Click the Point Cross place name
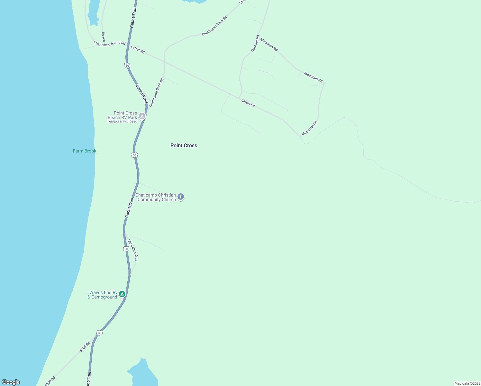[x=184, y=145]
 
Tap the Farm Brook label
[x=85, y=151]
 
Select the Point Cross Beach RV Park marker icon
[x=142, y=116]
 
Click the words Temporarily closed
[x=122, y=122]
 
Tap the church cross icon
[x=181, y=197]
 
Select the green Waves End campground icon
[x=122, y=294]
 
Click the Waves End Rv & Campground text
[x=103, y=295]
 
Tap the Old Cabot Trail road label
[x=132, y=250]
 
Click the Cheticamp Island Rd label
[x=109, y=43]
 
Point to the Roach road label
[x=103, y=37]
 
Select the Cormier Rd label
[x=255, y=43]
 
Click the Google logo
[x=11, y=382]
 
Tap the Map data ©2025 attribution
[x=467, y=383]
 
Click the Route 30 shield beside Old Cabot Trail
[x=126, y=249]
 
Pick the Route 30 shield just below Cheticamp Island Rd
[x=127, y=65]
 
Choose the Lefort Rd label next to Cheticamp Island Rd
[x=138, y=49]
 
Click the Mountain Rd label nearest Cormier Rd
[x=269, y=44]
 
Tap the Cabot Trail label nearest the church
[x=129, y=208]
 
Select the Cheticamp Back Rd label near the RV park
[x=156, y=93]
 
